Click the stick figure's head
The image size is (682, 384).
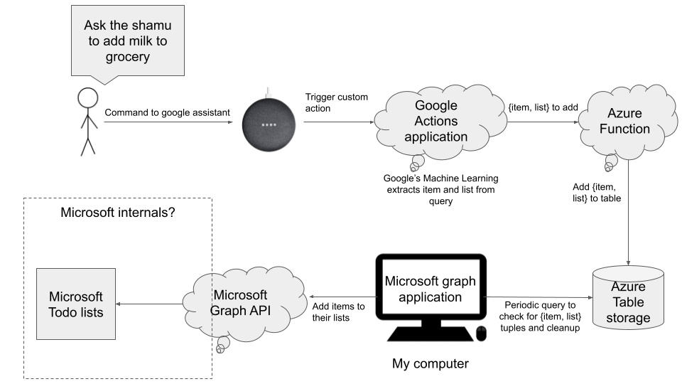[88, 98]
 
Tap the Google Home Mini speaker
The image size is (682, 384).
[269, 124]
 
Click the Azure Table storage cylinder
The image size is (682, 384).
[628, 298]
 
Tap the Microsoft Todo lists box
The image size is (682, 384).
[76, 304]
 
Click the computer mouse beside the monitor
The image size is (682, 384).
[482, 334]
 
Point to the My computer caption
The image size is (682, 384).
[431, 363]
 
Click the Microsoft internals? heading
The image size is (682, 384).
[117, 213]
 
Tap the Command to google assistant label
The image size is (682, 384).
[167, 113]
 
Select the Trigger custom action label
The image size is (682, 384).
[336, 102]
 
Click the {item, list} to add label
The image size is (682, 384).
[543, 107]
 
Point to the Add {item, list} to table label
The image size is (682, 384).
[597, 193]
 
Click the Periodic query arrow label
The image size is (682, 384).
[540, 316]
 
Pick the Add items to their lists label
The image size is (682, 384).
[338, 311]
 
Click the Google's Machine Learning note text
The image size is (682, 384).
[440, 189]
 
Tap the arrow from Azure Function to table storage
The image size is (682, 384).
[628, 213]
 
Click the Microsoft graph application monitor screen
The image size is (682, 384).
[431, 289]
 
